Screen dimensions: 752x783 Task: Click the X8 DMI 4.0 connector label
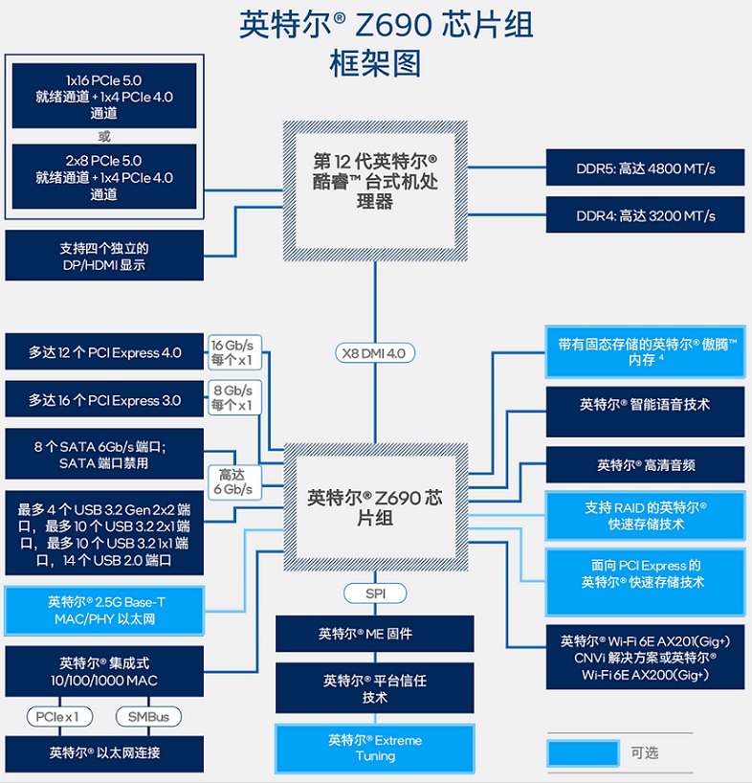coord(375,353)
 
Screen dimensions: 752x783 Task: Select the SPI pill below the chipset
coord(375,593)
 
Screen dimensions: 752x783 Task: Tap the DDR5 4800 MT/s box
coord(645,168)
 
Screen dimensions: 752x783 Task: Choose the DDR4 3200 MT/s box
coord(645,214)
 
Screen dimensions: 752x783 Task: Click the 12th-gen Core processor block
coord(375,190)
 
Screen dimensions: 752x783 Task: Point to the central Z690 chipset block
coord(375,507)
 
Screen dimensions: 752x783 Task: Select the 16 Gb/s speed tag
coord(232,352)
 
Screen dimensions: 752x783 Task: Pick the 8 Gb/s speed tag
coord(232,397)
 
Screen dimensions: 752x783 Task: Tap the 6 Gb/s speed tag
coord(233,481)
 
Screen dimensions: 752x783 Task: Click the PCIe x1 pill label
coord(59,717)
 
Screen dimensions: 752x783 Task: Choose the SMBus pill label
coord(148,717)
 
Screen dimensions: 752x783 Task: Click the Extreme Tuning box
coord(375,748)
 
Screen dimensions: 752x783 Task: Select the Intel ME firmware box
coord(375,633)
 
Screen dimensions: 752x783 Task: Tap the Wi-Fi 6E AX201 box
coord(645,658)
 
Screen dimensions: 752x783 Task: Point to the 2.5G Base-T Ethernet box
coord(104,610)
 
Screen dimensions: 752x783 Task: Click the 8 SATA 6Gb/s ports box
coord(104,454)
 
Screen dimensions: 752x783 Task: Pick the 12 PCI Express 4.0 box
coord(104,352)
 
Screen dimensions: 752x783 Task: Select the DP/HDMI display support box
coord(104,256)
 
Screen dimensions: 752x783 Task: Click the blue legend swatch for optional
coord(584,753)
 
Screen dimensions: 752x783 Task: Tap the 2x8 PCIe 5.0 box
coord(104,177)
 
